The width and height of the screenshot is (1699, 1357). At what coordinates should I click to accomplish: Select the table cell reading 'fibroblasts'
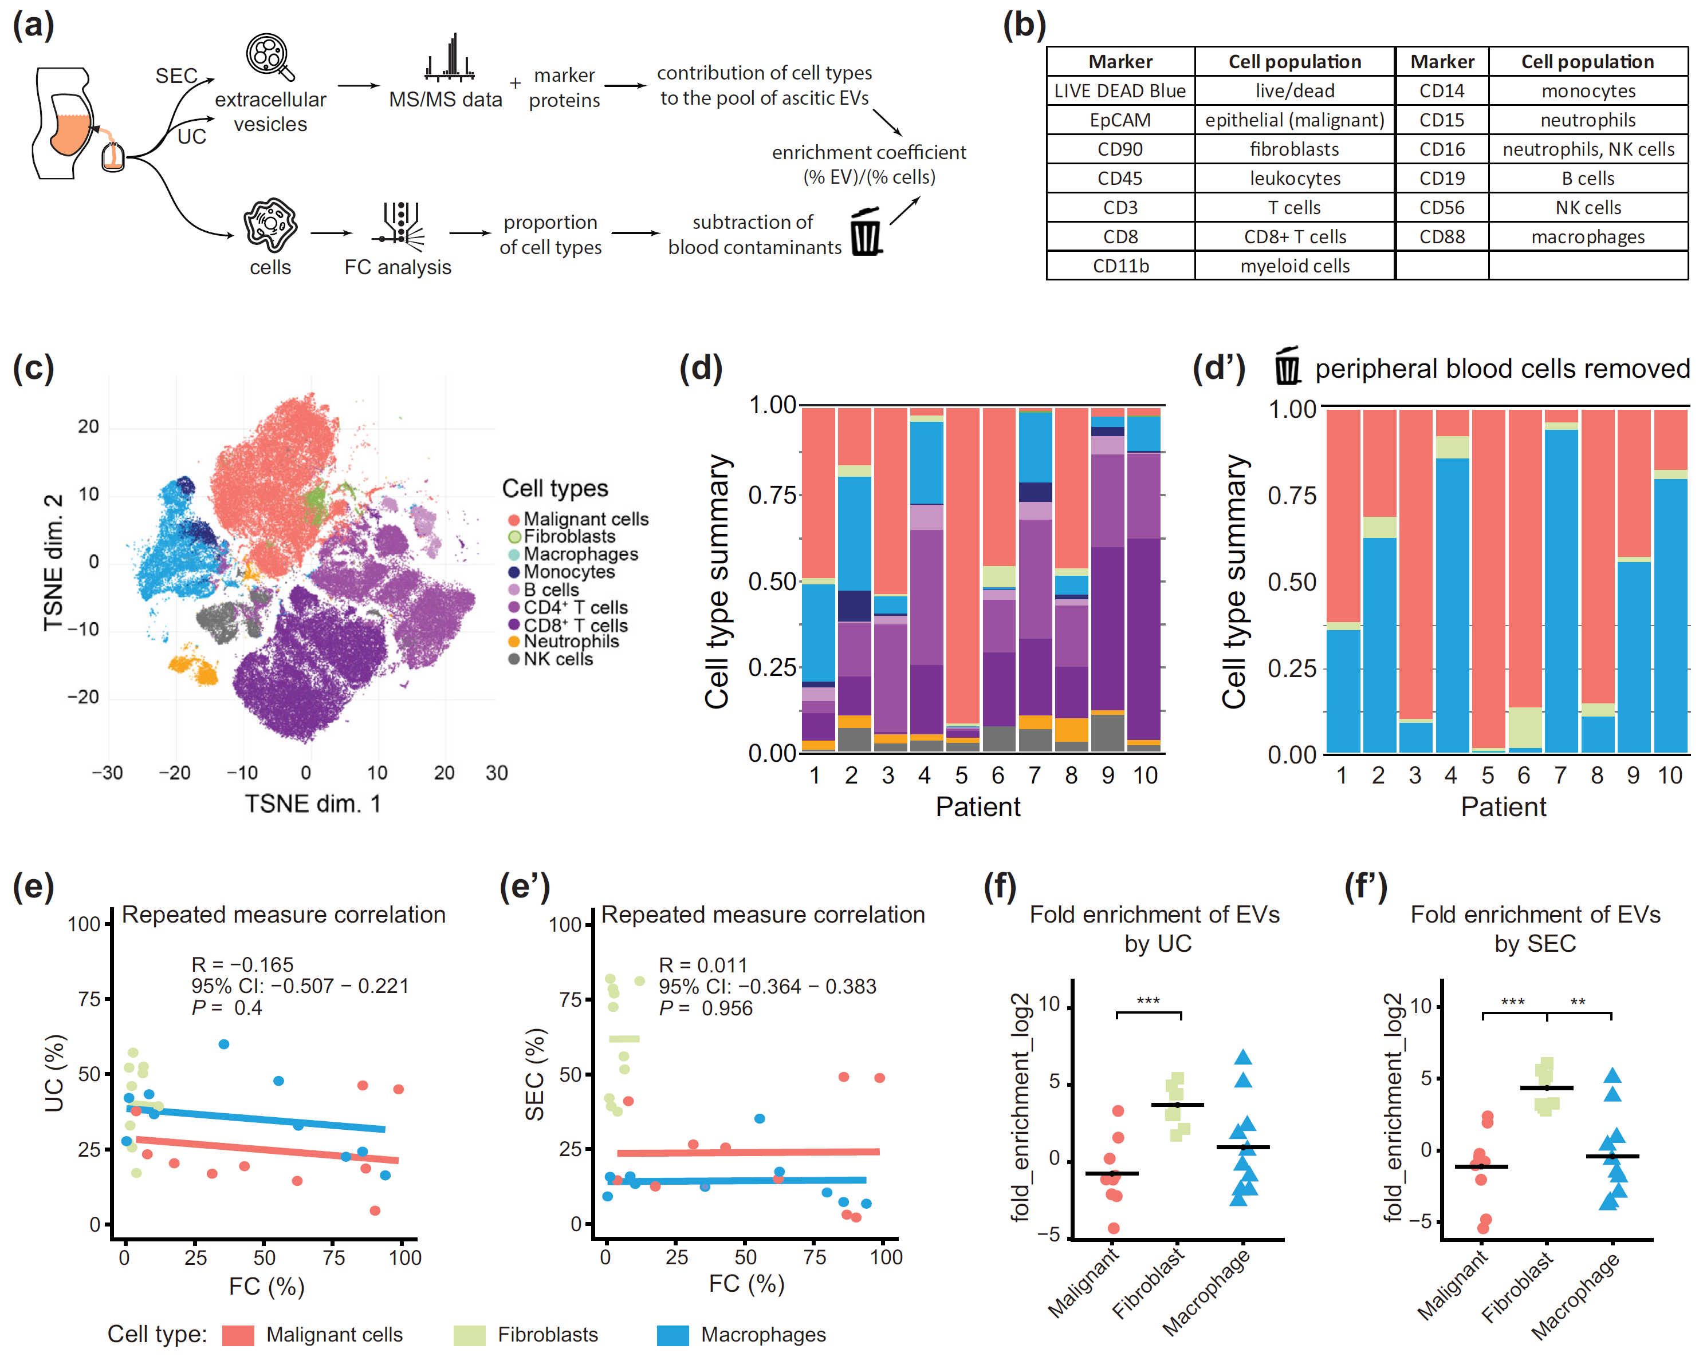click(1294, 149)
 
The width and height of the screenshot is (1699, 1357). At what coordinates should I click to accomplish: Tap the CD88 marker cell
click(1441, 237)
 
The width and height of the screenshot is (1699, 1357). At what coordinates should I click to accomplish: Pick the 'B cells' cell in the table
click(1587, 179)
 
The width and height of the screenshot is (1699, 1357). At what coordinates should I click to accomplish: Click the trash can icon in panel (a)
click(866, 232)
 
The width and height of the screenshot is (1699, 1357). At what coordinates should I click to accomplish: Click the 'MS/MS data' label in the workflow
click(445, 99)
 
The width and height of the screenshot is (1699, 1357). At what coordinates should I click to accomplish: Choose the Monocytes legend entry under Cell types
click(568, 572)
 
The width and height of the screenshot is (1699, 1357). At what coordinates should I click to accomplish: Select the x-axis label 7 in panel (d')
click(1560, 775)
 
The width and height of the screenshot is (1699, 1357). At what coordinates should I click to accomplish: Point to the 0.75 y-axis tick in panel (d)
click(772, 496)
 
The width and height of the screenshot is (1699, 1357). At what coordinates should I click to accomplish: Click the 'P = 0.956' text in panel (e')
click(705, 1008)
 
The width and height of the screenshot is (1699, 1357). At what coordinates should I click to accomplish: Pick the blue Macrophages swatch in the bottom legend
click(672, 1335)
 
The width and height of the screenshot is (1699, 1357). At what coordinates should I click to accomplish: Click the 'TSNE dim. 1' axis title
click(312, 804)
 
